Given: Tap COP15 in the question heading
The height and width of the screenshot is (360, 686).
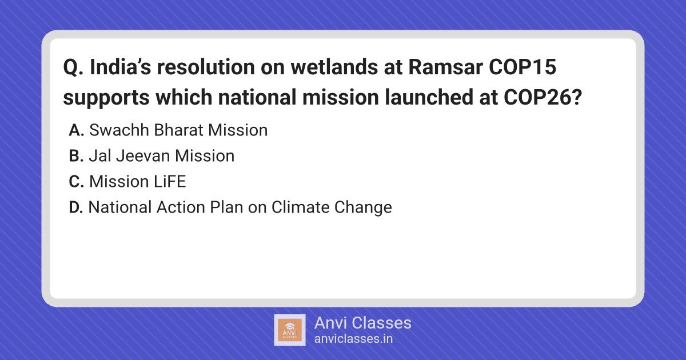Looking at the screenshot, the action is click(x=523, y=67).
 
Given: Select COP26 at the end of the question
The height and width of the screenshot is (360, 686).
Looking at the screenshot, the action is click(x=543, y=97).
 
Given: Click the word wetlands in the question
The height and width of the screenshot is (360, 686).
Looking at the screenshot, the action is click(x=334, y=67).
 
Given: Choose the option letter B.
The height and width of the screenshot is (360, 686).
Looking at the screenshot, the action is click(x=76, y=156).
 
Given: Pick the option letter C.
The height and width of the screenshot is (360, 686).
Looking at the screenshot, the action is click(x=76, y=182).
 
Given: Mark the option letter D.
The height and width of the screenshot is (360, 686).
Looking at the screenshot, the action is click(x=76, y=207).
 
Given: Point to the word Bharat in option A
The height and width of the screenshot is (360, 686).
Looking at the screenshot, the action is click(x=178, y=130).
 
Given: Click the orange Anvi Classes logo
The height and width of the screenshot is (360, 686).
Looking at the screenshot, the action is click(x=290, y=330).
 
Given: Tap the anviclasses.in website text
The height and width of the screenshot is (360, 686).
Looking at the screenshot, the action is click(x=353, y=339).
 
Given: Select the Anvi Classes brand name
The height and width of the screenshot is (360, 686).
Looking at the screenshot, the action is click(x=362, y=323).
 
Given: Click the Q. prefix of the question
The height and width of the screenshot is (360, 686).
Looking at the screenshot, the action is click(x=73, y=67).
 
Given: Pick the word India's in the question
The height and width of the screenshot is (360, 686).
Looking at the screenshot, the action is click(x=121, y=67).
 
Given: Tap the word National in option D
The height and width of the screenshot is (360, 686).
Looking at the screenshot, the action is click(x=120, y=207).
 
